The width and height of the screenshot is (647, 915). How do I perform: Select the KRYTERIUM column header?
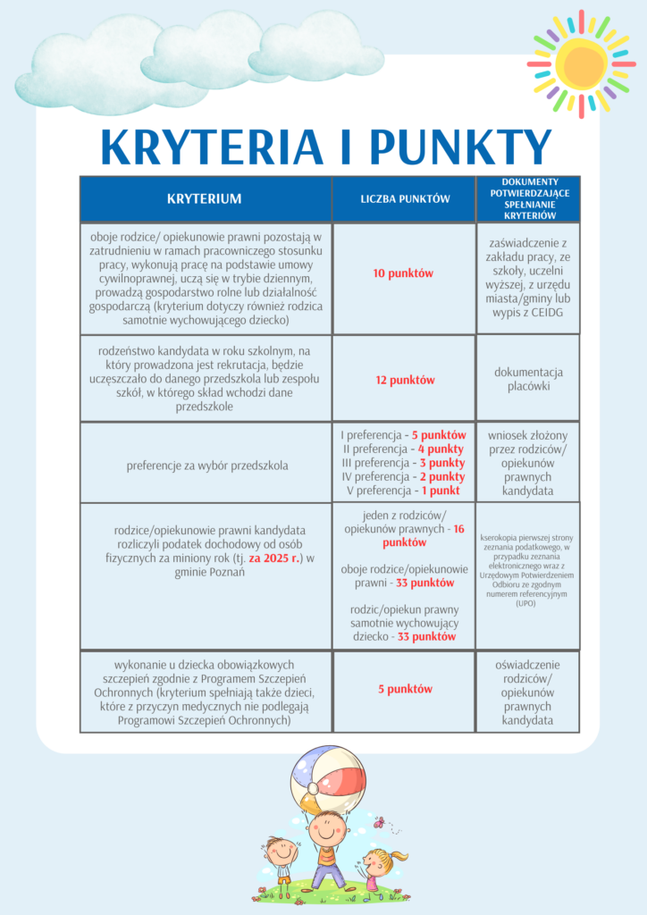click(x=205, y=198)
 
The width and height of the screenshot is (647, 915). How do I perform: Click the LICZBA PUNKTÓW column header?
click(x=405, y=198)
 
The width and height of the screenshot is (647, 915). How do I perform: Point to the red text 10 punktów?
click(x=404, y=273)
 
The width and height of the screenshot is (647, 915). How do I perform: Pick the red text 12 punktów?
click(x=404, y=380)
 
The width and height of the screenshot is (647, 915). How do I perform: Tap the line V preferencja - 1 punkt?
click(x=405, y=491)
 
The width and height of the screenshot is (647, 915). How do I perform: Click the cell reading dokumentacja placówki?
click(x=528, y=379)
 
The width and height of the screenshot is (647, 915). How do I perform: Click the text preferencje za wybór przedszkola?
click(x=206, y=465)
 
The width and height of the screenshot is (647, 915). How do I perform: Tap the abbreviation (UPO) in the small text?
click(x=527, y=604)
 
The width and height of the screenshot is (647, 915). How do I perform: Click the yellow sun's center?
click(x=581, y=63)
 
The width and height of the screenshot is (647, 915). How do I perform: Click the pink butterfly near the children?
click(x=379, y=820)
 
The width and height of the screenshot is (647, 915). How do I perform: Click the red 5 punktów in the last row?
click(x=405, y=689)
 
